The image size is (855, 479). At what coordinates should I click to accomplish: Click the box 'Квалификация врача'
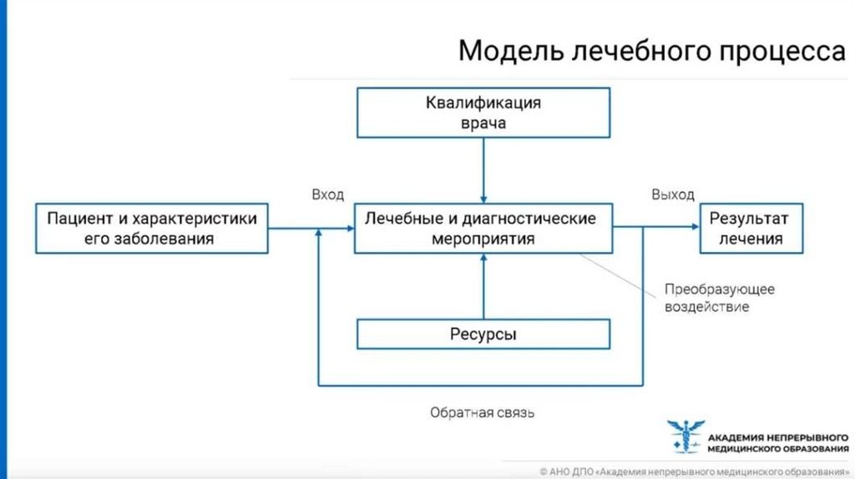pyautogui.click(x=483, y=113)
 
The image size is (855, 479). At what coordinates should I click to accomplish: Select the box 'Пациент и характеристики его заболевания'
pyautogui.click(x=153, y=228)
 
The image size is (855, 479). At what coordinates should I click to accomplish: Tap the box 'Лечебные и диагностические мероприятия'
pyautogui.click(x=483, y=228)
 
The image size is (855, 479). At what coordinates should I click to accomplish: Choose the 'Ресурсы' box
pyautogui.click(x=483, y=335)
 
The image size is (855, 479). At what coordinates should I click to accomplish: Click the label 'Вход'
pyautogui.click(x=328, y=194)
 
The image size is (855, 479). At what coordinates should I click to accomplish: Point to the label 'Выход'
pyautogui.click(x=672, y=194)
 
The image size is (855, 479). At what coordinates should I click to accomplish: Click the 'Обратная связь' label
pyautogui.click(x=482, y=412)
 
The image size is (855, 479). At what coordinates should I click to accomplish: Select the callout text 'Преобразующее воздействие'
pyautogui.click(x=720, y=298)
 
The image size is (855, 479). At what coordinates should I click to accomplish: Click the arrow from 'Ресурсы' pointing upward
pyautogui.click(x=483, y=288)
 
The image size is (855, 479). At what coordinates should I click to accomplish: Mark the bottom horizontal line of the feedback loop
pyautogui.click(x=480, y=386)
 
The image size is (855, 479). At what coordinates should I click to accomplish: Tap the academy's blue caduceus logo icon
pyautogui.click(x=685, y=437)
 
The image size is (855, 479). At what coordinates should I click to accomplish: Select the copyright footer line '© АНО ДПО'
pyautogui.click(x=693, y=471)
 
